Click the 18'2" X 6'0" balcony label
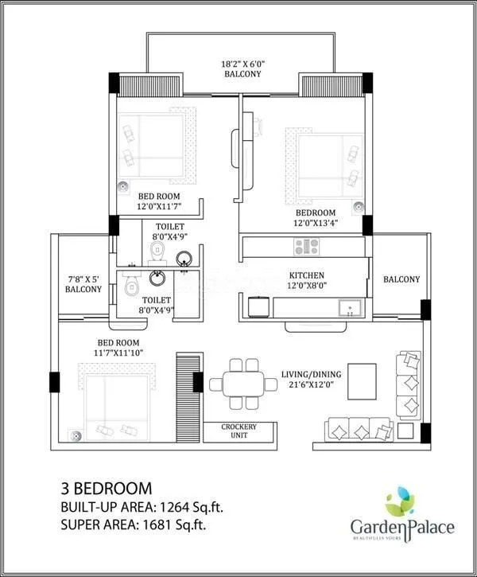(241, 68)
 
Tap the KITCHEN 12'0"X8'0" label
(307, 280)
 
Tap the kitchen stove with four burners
(306, 247)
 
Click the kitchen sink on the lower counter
(348, 308)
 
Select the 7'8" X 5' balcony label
(83, 284)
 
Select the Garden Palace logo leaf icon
(400, 503)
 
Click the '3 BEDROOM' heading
(106, 485)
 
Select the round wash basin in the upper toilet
(184, 257)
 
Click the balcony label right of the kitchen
(401, 279)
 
